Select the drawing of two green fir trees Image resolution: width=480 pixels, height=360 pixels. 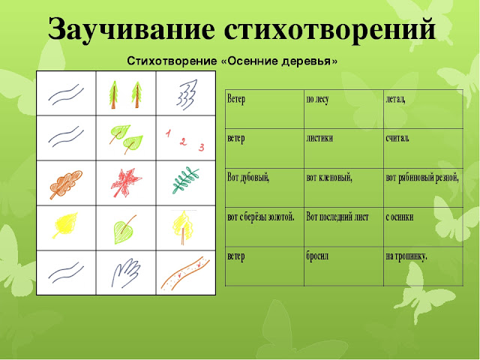(x=125, y=93)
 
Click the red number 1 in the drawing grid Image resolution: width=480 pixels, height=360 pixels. (x=169, y=132)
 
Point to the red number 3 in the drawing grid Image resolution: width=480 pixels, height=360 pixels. (x=201, y=147)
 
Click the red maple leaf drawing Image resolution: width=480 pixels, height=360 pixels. (x=125, y=183)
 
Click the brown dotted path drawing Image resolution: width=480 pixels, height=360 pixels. (x=184, y=271)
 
